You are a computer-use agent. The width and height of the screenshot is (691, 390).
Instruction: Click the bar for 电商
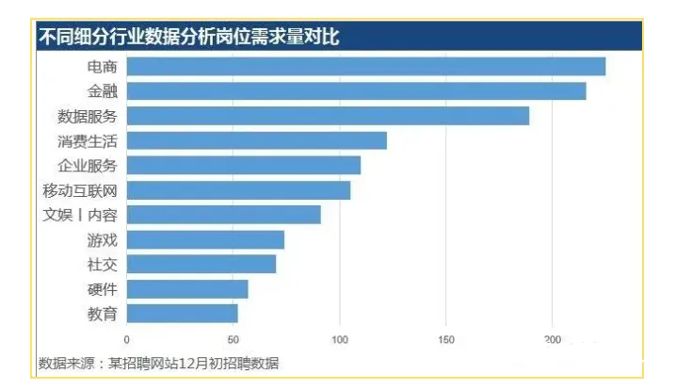(365, 66)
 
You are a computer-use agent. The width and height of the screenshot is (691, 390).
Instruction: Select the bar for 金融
(356, 91)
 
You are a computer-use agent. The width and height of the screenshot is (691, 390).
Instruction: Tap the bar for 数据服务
(328, 116)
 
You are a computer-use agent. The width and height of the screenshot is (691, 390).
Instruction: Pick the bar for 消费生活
(256, 140)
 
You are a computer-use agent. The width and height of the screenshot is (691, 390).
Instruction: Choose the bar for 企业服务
(243, 166)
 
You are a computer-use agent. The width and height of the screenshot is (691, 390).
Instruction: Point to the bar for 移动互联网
(238, 190)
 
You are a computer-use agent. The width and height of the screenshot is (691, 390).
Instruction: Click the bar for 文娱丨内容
(223, 215)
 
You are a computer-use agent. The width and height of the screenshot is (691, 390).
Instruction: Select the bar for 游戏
(205, 239)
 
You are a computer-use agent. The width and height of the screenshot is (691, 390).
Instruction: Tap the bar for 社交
(201, 264)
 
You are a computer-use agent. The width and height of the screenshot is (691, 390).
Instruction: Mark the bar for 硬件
(187, 288)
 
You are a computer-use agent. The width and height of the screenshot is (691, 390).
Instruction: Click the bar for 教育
(182, 313)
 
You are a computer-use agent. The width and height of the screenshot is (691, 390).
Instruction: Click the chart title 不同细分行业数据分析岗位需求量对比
(188, 37)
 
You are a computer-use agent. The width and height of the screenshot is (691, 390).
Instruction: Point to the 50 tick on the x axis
(233, 339)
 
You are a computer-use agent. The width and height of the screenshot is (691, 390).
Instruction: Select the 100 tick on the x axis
(340, 339)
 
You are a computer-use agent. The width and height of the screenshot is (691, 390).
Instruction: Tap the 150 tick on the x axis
(446, 339)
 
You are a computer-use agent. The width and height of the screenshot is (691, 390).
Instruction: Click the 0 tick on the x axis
(127, 339)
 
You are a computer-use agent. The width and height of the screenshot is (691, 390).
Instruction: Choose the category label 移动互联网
(80, 190)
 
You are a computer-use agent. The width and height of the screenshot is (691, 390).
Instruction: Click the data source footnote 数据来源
(159, 363)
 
